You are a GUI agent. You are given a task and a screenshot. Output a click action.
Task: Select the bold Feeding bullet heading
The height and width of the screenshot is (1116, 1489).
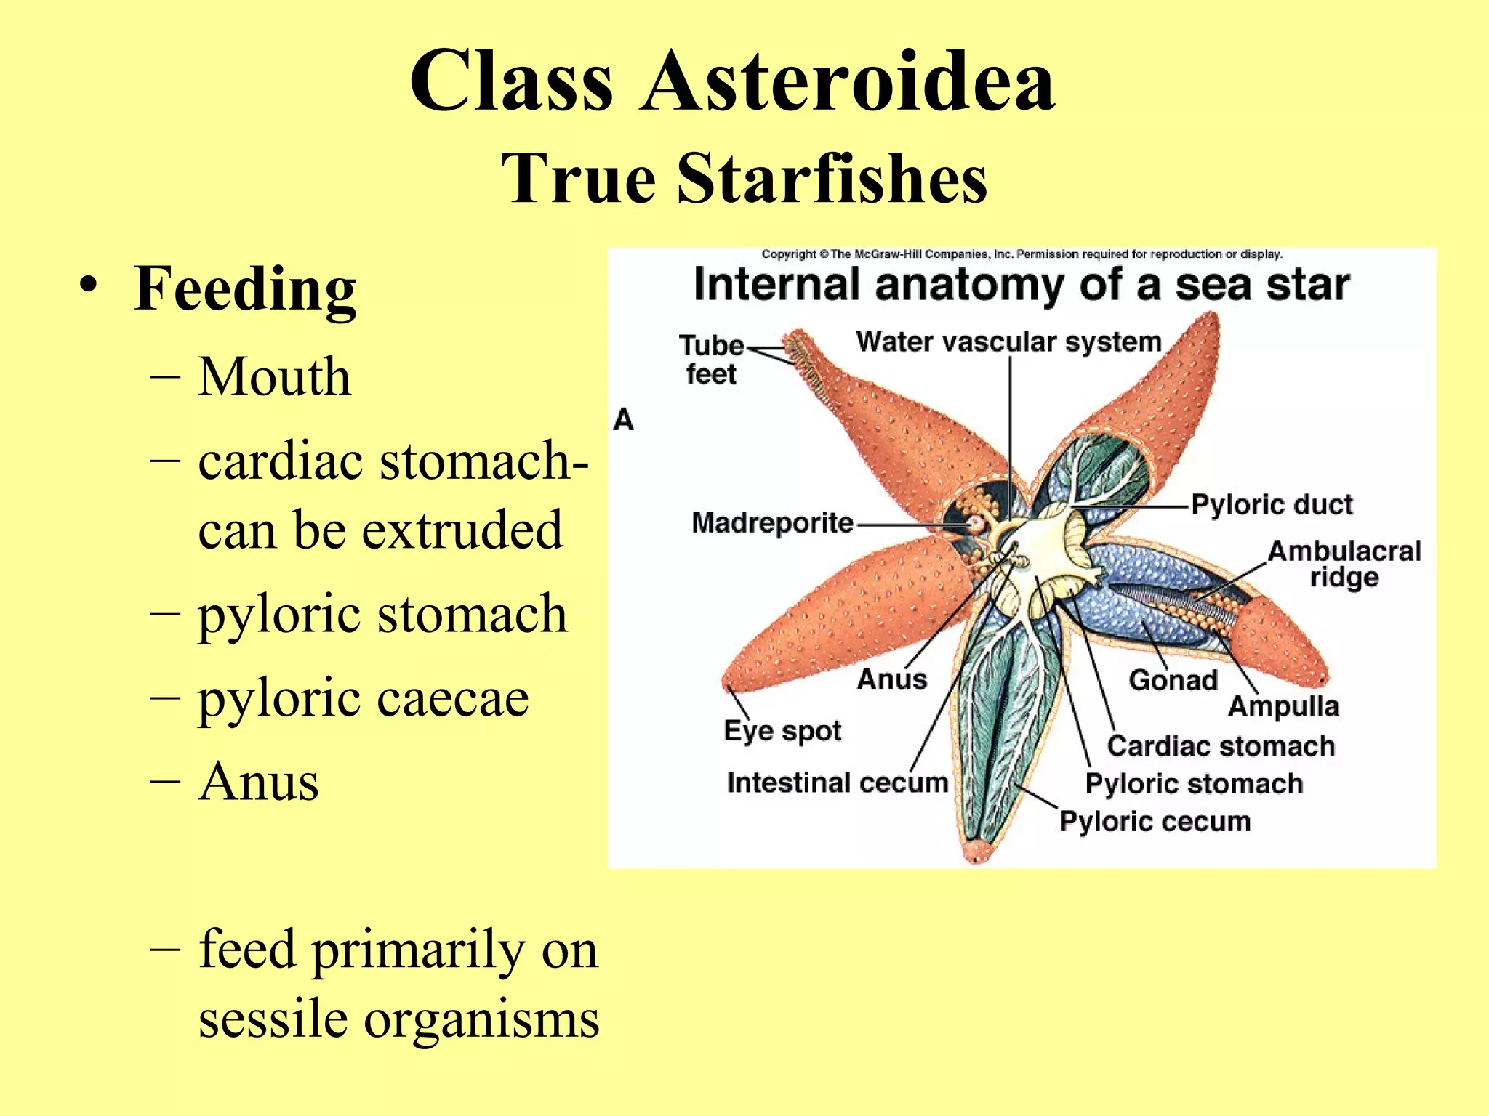click(x=245, y=289)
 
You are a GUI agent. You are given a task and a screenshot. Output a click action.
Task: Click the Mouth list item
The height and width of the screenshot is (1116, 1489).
click(x=274, y=377)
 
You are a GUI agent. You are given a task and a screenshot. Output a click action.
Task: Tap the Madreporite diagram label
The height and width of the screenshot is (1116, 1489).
click(x=772, y=522)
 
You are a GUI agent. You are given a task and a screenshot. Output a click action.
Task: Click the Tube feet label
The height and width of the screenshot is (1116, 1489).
click(x=711, y=360)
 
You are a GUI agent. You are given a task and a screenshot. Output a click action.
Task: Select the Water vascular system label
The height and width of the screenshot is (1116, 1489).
click(x=1008, y=341)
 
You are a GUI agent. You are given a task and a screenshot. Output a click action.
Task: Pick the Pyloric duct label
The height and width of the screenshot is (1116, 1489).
click(x=1272, y=504)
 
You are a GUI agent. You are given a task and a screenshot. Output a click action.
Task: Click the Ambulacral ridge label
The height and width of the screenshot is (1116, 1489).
click(x=1344, y=564)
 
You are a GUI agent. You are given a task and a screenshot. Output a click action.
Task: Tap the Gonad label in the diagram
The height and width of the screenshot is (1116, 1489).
click(x=1173, y=680)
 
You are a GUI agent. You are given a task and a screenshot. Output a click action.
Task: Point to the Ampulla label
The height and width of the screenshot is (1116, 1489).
click(x=1283, y=706)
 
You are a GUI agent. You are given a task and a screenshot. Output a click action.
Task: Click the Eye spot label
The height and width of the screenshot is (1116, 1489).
click(x=782, y=731)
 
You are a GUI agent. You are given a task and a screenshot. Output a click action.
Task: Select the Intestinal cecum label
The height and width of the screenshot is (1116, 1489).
click(x=838, y=783)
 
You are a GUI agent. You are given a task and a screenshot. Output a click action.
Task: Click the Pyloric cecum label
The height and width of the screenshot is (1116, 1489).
click(x=1155, y=821)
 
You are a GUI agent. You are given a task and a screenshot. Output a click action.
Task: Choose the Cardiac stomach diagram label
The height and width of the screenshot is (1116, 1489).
click(x=1221, y=746)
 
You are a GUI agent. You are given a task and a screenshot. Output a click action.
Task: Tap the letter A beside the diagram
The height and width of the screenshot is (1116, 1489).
click(x=624, y=420)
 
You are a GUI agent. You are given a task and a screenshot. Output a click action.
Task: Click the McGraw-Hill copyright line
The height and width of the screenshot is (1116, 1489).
click(x=1022, y=254)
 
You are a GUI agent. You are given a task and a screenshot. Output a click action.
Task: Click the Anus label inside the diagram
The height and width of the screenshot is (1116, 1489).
click(x=892, y=679)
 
